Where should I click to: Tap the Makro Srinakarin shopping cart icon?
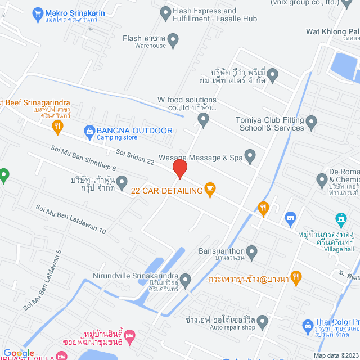pos(38,12)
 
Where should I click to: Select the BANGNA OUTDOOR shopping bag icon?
pos(88,131)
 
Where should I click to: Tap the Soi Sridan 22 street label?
pos(135,156)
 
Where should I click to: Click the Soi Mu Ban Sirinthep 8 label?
pos(83,158)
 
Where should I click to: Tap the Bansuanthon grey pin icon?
pos(251,251)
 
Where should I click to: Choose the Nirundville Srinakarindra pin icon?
pos(186,280)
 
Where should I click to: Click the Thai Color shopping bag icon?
pos(308,325)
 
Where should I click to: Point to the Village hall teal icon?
pos(340,218)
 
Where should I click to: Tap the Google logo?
pos(19,353)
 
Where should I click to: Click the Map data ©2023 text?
pos(335,355)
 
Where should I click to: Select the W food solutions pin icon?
pos(203,119)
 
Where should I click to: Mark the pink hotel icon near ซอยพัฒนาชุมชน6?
pos(130,336)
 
